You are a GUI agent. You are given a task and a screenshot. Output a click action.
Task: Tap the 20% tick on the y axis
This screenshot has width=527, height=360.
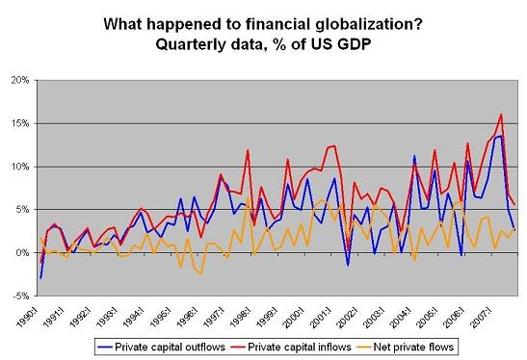coord(25,80)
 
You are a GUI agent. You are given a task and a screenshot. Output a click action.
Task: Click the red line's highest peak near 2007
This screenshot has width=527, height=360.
coord(501,115)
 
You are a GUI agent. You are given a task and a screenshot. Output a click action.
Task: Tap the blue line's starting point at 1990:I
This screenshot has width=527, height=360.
coord(40,278)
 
